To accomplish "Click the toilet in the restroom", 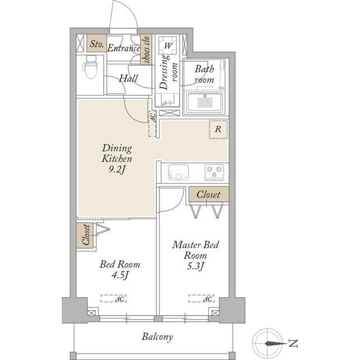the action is [x=90, y=66].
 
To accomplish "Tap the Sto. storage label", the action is [x=97, y=44].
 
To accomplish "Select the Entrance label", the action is [x=124, y=48].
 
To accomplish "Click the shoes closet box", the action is [x=146, y=49].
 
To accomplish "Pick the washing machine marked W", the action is [x=168, y=45].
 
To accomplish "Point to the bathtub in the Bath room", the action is [x=204, y=102].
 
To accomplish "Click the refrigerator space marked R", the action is [x=218, y=129].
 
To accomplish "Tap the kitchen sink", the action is [x=178, y=173].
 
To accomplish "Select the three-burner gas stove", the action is [x=214, y=172].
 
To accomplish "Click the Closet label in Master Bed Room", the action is [x=208, y=195].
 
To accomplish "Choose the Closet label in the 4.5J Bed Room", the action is [x=85, y=235].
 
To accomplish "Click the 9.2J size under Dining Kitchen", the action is [x=117, y=169].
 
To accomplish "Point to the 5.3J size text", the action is [x=195, y=266].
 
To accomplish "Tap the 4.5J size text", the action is [x=120, y=275].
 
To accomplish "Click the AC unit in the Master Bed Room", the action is [x=201, y=299].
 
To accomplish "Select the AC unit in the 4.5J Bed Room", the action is [x=114, y=299].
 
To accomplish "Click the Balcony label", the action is [x=157, y=337].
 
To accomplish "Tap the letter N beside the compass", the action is [x=292, y=344].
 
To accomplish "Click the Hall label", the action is [x=128, y=79].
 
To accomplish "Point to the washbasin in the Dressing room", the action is [x=167, y=100].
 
